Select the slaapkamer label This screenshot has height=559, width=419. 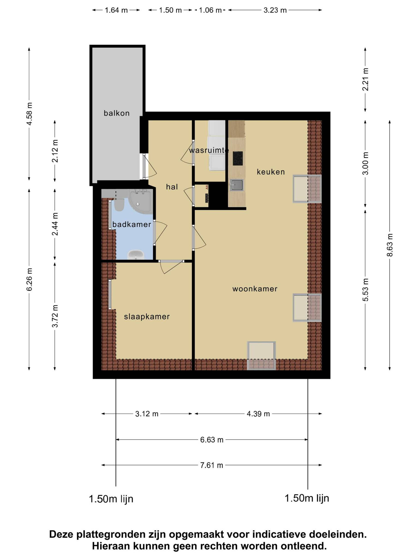(x=147, y=317)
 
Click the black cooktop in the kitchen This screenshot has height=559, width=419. (x=238, y=158)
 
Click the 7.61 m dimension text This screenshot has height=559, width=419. (x=212, y=465)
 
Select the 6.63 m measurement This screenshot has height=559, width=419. (x=212, y=440)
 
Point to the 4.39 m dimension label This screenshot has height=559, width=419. (x=258, y=414)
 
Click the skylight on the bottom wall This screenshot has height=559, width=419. (x=261, y=356)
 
